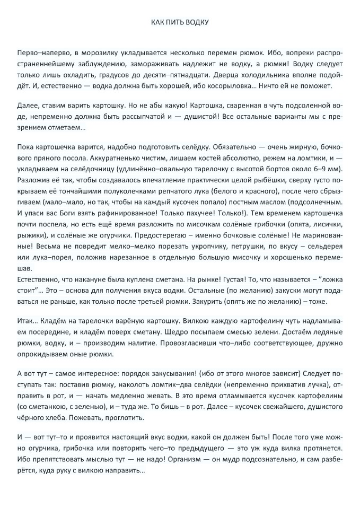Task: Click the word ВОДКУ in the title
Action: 197,22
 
